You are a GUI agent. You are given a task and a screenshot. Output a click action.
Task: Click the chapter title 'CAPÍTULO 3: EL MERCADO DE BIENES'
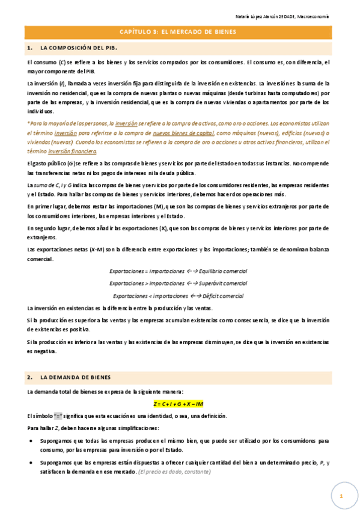179,32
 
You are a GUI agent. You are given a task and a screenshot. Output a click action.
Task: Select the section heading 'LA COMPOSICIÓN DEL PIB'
78,48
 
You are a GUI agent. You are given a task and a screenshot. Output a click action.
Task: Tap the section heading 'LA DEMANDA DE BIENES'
76,378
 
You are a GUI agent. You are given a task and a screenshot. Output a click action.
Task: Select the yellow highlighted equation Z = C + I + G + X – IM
179,404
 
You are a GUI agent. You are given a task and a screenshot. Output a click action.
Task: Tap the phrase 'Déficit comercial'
219,296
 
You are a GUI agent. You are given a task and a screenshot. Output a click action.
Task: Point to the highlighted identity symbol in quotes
58,416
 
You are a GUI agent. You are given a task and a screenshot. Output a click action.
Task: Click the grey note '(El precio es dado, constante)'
175,472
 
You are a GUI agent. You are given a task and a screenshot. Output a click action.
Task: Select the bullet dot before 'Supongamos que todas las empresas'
31,441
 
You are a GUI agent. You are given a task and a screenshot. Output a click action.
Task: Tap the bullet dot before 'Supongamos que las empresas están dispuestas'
31,463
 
